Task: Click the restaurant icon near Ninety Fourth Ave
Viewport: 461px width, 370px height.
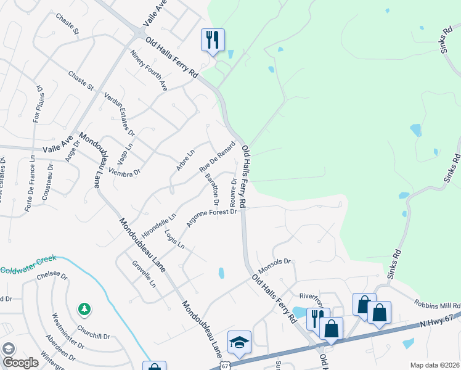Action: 212,41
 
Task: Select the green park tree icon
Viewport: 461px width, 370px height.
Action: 84,308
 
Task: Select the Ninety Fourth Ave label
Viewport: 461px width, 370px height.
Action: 149,70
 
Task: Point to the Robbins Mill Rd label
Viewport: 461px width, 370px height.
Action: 438,305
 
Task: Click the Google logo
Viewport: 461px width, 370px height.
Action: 20,363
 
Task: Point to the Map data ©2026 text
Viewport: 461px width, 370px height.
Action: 434,365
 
